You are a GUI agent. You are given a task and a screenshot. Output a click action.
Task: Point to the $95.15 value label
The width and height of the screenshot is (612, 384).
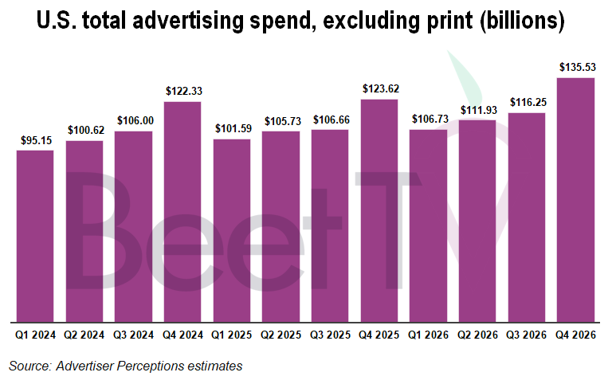[x=35, y=141]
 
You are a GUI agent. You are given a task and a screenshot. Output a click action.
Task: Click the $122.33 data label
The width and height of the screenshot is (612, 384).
[x=182, y=92]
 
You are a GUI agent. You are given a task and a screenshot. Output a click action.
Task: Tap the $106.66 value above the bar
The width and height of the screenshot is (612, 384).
[x=330, y=120]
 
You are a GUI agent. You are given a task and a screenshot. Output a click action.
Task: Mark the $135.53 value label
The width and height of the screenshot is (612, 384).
[x=575, y=69]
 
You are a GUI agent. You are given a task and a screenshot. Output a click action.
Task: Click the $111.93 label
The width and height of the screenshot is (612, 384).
[x=477, y=110]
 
